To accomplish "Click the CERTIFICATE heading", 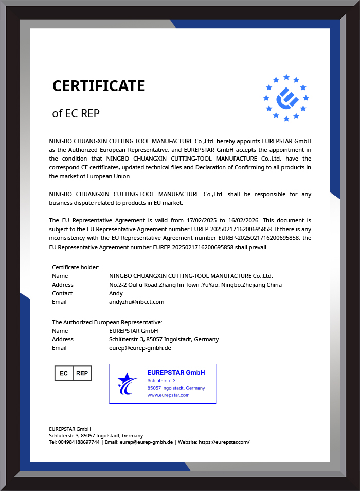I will (98, 86).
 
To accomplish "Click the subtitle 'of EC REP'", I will (76, 114).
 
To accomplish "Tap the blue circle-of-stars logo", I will (286, 98).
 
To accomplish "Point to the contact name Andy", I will (116, 293).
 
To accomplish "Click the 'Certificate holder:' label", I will (76, 267).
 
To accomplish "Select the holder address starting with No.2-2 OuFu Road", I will (195, 285).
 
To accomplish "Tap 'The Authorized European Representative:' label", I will (107, 322).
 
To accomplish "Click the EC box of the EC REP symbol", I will (64, 373).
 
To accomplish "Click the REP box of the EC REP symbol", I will (82, 373).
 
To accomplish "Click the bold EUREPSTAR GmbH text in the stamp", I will (176, 372).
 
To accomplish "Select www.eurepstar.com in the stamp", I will (168, 395).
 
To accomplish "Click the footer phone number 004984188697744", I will (79, 442).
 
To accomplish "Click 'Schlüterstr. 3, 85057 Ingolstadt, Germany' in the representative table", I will (164, 339).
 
